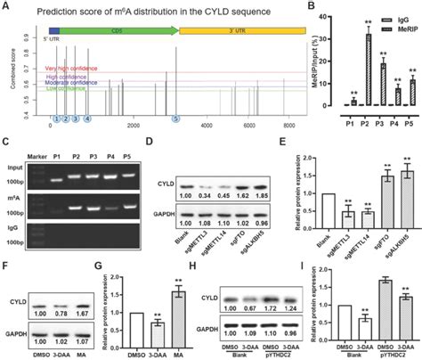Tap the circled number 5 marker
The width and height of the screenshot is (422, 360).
coord(150,118)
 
